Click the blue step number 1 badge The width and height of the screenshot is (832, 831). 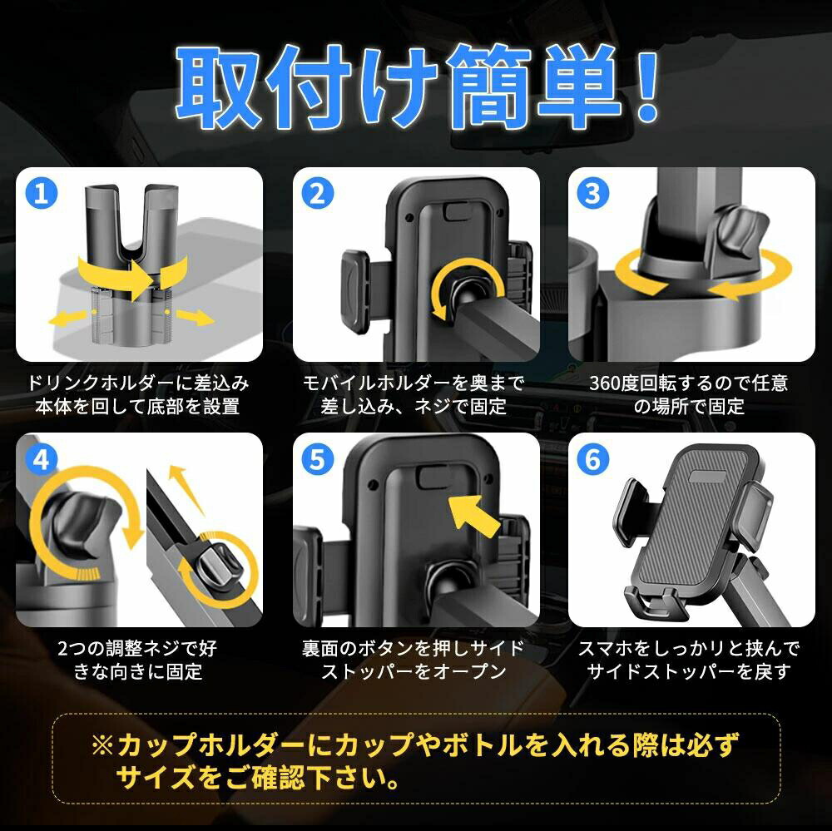[41, 194]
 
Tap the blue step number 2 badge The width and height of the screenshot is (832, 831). [317, 194]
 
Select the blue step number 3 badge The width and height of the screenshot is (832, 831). [592, 194]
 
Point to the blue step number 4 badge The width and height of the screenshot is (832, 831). [41, 459]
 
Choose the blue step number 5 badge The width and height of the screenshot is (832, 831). [317, 459]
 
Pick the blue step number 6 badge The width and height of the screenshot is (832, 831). [592, 459]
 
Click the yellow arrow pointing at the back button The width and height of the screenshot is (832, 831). [474, 515]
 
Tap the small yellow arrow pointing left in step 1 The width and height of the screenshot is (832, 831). [67, 319]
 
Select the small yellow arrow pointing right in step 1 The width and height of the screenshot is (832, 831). [196, 318]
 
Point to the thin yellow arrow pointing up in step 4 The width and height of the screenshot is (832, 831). [185, 489]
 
